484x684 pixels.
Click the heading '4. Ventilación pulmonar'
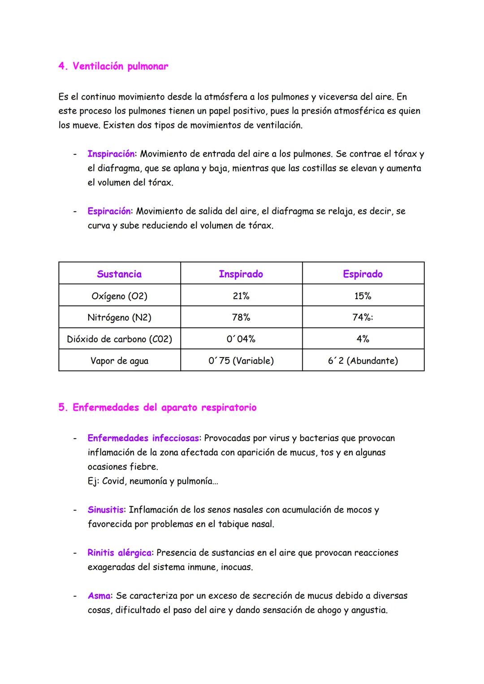(x=113, y=66)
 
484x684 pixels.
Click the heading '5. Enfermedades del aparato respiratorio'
(x=157, y=408)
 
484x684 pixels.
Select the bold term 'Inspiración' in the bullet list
(x=111, y=154)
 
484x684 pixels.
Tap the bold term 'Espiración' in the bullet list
(x=109, y=211)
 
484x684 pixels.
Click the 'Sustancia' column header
(x=119, y=274)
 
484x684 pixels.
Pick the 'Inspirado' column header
(x=241, y=274)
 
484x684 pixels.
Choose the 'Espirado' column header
(x=363, y=274)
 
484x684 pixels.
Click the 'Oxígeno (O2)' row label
(x=119, y=296)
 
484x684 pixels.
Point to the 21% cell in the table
(x=241, y=296)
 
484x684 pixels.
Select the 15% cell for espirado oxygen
(x=363, y=296)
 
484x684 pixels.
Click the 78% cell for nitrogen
(x=241, y=318)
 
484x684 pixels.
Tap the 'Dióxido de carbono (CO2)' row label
(x=119, y=339)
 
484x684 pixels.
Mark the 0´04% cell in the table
(x=241, y=339)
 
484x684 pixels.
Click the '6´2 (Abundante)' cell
(x=363, y=361)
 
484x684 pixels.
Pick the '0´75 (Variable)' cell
(x=241, y=361)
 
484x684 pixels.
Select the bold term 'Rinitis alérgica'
(x=120, y=553)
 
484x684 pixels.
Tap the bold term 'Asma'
(x=99, y=596)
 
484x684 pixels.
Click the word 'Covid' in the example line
(x=113, y=481)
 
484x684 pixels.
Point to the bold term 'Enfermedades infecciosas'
(x=143, y=438)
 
